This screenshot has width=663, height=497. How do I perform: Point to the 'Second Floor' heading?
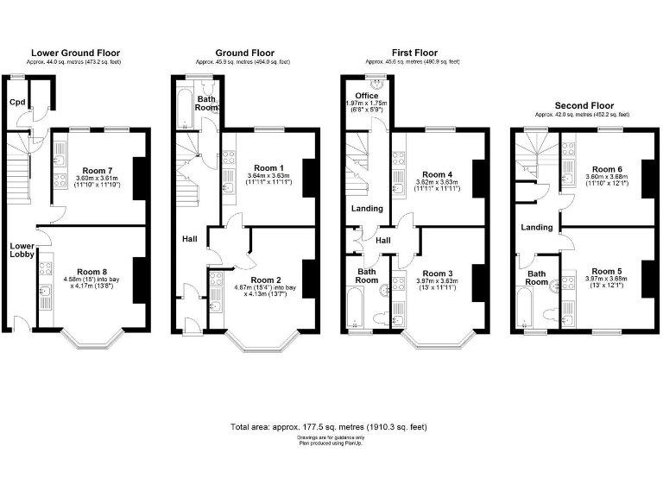coord(582,105)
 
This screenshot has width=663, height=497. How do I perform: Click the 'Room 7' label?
coord(96,170)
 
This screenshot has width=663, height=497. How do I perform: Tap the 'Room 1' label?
coord(265,168)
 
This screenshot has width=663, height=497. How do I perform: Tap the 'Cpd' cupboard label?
coord(16,102)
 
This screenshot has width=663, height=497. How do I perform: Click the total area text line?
coord(328,427)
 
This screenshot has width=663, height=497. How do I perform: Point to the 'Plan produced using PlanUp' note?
coord(328,443)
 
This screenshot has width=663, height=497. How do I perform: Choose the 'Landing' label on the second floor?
coord(537,227)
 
